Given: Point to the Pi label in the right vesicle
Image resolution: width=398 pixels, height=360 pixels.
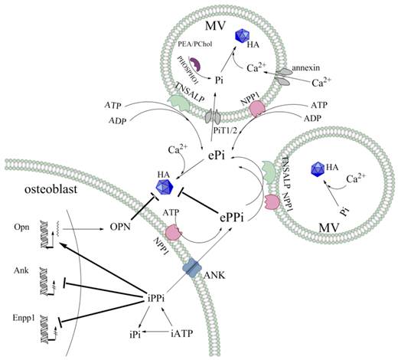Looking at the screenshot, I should coord(338,208).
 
